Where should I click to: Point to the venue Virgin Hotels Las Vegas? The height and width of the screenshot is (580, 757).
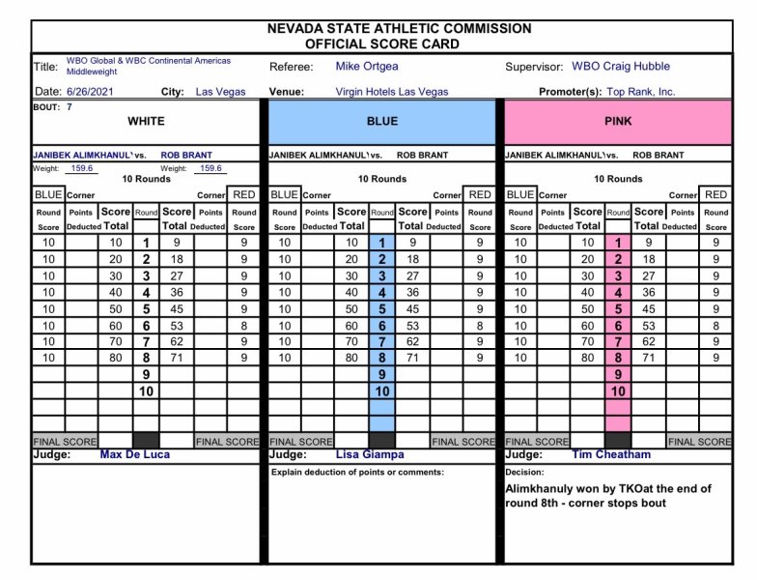point(392,92)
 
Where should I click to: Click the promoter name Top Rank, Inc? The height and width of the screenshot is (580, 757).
point(641,92)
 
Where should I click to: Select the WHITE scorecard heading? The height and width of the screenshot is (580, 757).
point(146,122)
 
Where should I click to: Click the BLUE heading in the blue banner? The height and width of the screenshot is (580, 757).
point(381,122)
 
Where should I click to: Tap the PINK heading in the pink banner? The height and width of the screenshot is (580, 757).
point(618,122)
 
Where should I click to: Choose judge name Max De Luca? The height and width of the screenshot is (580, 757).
point(136,454)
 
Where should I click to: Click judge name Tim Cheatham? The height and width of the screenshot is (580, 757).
point(611,454)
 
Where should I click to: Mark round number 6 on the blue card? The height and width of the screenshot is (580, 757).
point(382,326)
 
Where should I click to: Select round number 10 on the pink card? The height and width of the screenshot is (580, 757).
point(618,391)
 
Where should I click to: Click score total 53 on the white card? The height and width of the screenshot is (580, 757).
point(177,326)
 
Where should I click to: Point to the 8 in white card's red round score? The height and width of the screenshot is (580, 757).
point(244,326)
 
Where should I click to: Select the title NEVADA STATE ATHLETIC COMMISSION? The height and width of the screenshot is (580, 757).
point(399,29)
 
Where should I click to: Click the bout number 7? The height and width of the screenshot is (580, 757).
point(69,106)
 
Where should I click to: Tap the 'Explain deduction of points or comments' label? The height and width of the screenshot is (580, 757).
point(356,472)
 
